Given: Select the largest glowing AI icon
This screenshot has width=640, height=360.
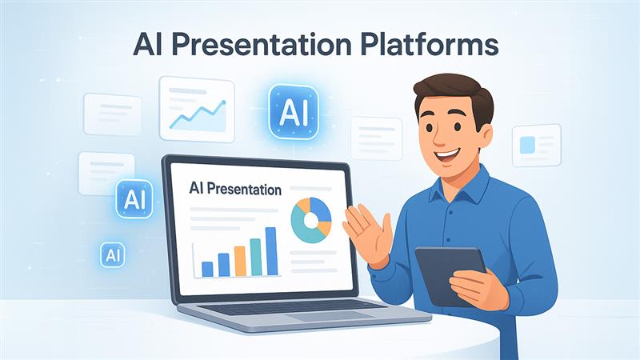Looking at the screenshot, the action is coord(294,112).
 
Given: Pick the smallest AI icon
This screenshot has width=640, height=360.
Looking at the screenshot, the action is coord(112,255).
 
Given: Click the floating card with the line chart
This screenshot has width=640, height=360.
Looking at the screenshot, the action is coord(197,109).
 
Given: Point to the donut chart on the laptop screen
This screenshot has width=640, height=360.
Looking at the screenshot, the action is coord(311,221).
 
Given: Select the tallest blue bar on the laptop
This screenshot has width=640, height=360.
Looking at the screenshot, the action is coord(271,251).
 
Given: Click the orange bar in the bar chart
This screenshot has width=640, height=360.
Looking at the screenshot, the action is coord(240,262).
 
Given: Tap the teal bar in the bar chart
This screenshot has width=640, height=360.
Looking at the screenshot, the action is coord(255,257).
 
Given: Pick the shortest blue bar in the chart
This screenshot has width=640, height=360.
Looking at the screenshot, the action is coord(207,270).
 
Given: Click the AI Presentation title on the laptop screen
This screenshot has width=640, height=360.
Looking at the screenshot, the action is coord(235,189).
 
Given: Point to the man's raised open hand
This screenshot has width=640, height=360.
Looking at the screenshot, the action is coord(366,233).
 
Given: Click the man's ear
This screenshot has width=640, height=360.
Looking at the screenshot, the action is coord(485,137).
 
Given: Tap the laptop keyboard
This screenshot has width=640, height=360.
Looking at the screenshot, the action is coord(292,307).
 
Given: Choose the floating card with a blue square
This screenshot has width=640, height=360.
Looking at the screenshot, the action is coord(537,146).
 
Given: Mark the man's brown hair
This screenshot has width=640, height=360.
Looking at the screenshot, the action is coord(453,93).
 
